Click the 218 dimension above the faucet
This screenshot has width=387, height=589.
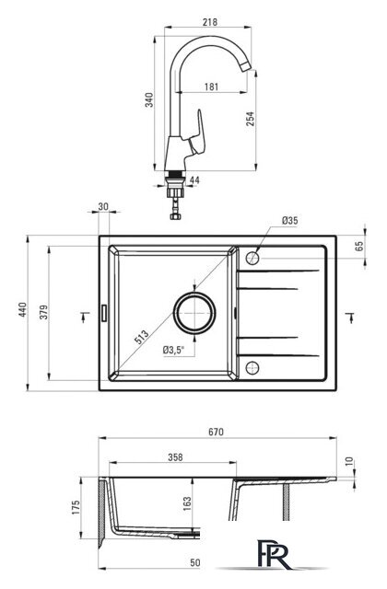point(210,22)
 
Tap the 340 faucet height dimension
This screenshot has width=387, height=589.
point(149,99)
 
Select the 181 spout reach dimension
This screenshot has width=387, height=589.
point(211,87)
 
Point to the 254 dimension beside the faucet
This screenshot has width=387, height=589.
point(250,119)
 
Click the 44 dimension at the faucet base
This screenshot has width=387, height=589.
point(194,180)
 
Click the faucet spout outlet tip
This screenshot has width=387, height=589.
point(246,67)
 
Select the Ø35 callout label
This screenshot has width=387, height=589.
point(290,221)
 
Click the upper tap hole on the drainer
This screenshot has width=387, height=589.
point(252,258)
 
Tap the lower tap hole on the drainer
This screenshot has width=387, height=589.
point(252,367)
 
